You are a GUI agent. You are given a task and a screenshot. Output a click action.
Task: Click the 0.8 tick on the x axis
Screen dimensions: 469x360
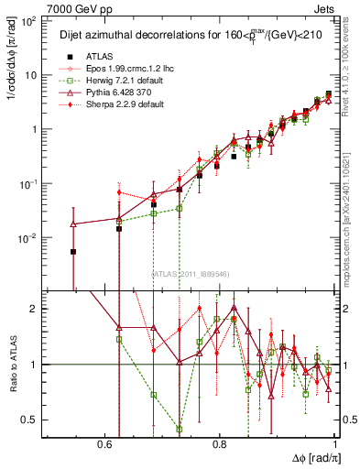tap(220, 443)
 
